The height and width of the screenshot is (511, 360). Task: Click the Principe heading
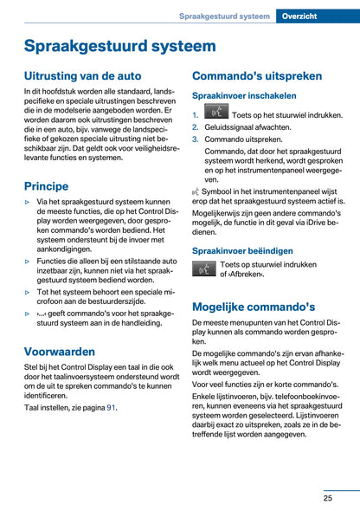click(x=47, y=185)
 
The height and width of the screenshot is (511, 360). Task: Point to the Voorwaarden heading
click(x=61, y=352)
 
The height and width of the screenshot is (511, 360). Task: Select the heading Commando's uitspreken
click(x=254, y=76)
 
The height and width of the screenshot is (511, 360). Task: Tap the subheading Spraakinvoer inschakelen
click(x=244, y=96)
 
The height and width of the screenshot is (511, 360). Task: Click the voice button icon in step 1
click(x=216, y=113)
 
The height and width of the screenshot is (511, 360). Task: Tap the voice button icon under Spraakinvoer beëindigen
click(x=204, y=269)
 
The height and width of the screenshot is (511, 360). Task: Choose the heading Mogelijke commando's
click(x=254, y=307)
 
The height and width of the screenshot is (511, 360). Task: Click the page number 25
click(x=329, y=497)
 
